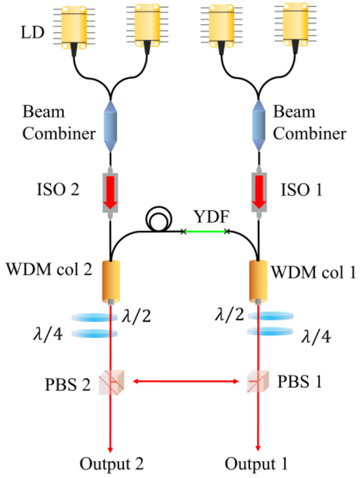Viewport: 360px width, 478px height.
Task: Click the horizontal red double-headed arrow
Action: click(183, 379)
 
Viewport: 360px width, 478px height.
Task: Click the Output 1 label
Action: click(256, 466)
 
